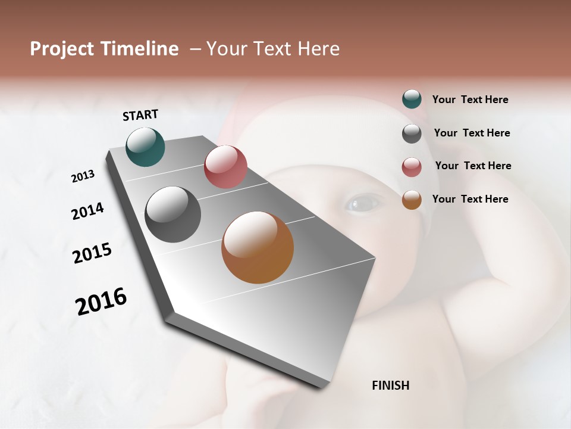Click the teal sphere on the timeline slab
click(145, 147)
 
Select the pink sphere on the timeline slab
click(225, 167)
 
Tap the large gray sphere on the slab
click(173, 214)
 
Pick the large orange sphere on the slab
click(258, 247)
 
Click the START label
click(140, 115)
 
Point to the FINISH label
click(390, 386)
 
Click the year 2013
click(83, 176)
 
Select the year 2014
click(87, 211)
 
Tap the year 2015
click(92, 253)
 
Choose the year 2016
click(101, 301)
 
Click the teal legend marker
click(412, 99)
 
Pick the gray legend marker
click(412, 133)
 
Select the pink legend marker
click(412, 167)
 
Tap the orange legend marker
click(412, 200)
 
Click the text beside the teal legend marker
click(470, 100)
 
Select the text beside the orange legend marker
click(470, 199)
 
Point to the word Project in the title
click(62, 49)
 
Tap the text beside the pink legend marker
click(473, 166)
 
